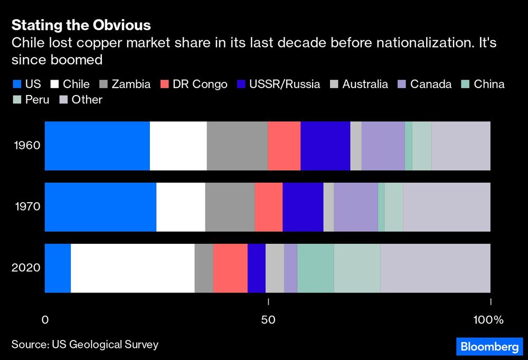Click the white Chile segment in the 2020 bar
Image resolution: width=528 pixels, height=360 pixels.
click(x=133, y=268)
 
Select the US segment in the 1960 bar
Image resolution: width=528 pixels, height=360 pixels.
click(x=97, y=146)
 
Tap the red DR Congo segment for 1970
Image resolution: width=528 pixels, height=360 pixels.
click(x=269, y=207)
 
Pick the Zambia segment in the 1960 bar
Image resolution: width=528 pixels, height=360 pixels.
click(x=237, y=146)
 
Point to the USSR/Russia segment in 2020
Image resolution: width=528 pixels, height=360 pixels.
click(x=257, y=268)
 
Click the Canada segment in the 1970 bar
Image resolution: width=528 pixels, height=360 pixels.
click(x=356, y=207)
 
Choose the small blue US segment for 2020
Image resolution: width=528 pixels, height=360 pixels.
click(x=58, y=268)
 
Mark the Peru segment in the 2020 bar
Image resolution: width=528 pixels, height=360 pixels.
click(x=357, y=268)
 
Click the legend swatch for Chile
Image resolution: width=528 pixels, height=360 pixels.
click(x=54, y=84)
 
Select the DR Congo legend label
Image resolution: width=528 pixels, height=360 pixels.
click(x=200, y=84)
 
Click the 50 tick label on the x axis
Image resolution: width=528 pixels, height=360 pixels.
click(x=269, y=320)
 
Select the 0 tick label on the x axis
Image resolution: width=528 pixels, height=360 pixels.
click(x=45, y=320)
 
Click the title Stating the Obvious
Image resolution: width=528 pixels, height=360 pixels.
click(x=81, y=25)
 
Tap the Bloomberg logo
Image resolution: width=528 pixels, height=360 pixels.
click(x=489, y=347)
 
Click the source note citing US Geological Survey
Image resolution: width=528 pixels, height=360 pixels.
click(x=85, y=345)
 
